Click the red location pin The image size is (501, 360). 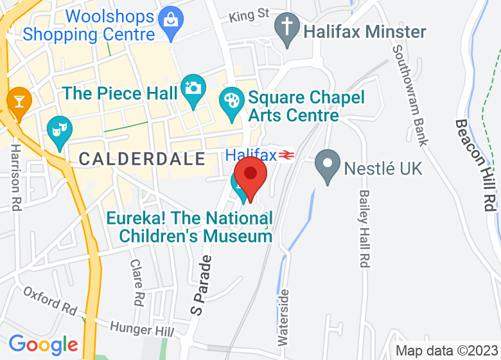[x=250, y=175]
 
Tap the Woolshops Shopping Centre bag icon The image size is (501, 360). [x=170, y=19]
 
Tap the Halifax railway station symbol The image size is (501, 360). [x=286, y=155]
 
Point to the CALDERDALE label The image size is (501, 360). [x=142, y=158]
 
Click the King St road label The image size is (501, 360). [x=249, y=14]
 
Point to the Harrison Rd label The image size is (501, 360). [x=15, y=177]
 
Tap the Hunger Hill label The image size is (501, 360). [x=142, y=329]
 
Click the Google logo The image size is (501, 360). [x=43, y=344]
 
